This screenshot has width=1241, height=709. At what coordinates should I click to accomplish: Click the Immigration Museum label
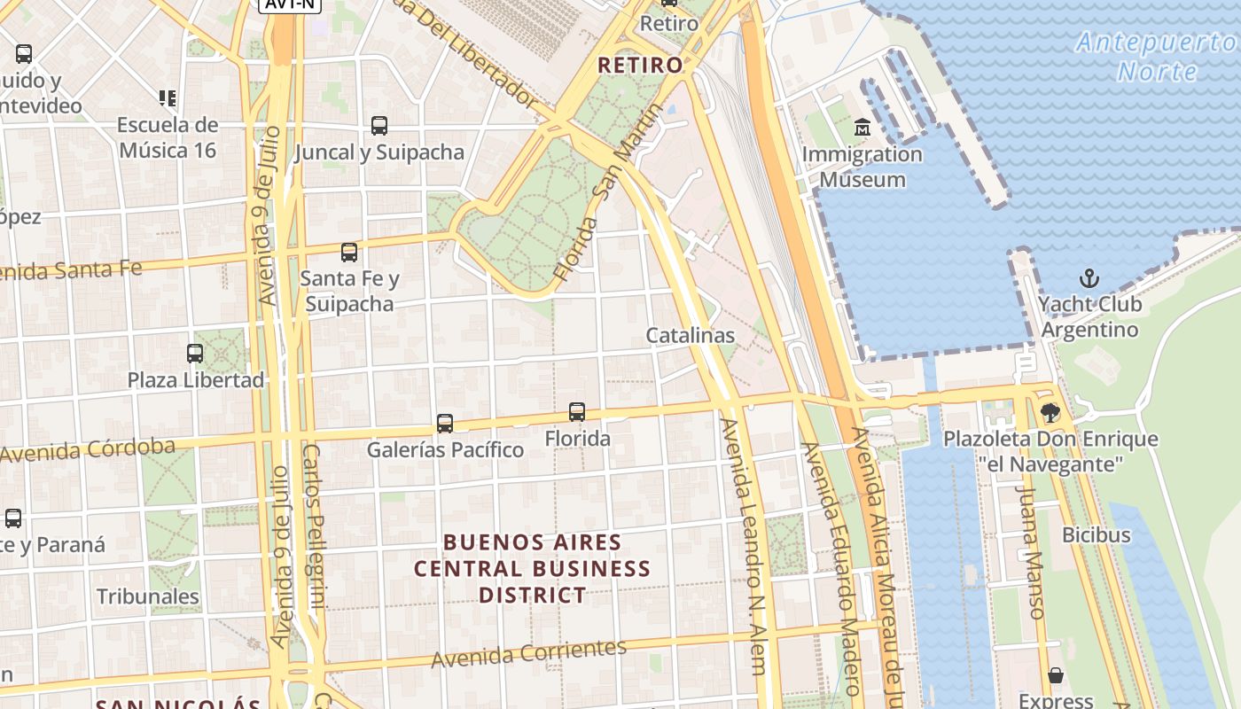point(862,167)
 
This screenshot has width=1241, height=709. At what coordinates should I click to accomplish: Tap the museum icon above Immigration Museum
point(862,129)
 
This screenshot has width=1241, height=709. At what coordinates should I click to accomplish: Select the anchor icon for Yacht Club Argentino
point(1089,278)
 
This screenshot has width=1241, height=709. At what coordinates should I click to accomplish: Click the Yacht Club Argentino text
point(1089,316)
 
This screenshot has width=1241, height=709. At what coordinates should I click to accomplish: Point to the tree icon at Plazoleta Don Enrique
point(1050,413)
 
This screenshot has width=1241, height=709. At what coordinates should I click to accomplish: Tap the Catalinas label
point(690,335)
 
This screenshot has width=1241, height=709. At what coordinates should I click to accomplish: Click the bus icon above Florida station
point(577,412)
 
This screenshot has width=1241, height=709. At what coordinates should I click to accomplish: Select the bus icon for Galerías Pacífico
point(445,424)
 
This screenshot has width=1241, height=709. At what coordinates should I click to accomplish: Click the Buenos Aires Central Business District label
point(533,568)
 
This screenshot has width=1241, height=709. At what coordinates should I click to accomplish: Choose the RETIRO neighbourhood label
point(640,65)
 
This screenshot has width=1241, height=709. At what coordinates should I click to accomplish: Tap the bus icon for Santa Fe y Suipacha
point(349,253)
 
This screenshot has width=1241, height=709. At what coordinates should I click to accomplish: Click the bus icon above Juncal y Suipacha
point(379,126)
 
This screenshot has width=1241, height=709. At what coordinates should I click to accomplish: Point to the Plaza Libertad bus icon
point(195,354)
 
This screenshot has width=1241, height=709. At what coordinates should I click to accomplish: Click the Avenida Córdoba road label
point(88,449)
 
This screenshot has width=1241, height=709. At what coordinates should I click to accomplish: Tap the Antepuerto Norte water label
point(1156,56)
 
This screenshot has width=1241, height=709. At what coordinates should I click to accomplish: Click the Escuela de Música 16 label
point(167,137)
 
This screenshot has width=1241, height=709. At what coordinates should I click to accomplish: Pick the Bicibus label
point(1097,534)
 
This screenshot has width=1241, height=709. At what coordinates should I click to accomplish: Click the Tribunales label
point(148,596)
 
